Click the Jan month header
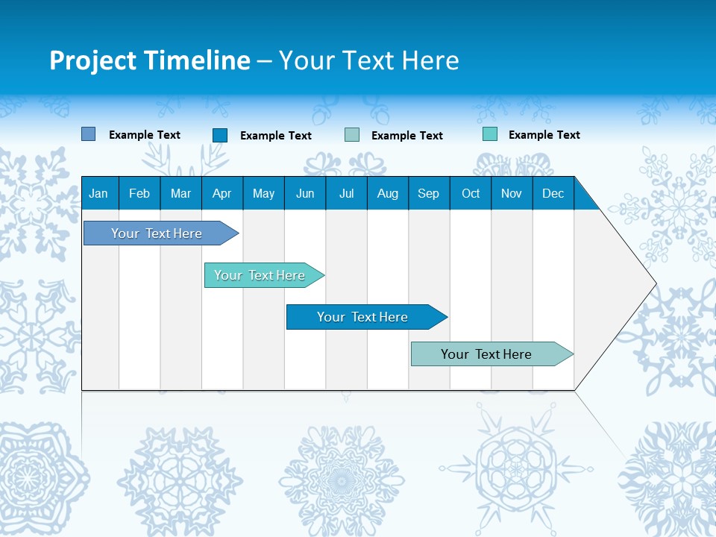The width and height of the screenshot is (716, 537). [x=98, y=193]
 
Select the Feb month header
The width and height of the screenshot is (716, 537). [x=139, y=193]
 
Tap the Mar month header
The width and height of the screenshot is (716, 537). [x=180, y=193]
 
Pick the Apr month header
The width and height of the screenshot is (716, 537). [x=222, y=193]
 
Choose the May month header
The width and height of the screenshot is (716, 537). [x=263, y=193]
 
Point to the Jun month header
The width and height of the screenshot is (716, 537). [x=305, y=193]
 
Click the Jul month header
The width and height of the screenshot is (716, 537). [x=346, y=193]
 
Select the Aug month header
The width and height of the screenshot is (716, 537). [x=388, y=193]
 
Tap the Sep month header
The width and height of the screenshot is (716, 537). [x=429, y=193]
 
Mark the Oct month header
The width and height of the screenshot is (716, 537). [x=471, y=193]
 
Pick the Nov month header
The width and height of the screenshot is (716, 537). [x=512, y=193]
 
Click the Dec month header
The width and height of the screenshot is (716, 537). [x=553, y=193]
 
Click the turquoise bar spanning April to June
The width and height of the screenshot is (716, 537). [x=261, y=275]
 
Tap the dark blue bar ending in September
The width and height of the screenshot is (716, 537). [x=364, y=317]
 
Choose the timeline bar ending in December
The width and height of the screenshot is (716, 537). [x=489, y=354]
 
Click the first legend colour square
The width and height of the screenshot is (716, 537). [x=89, y=134]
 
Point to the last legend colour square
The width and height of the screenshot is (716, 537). [x=490, y=134]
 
